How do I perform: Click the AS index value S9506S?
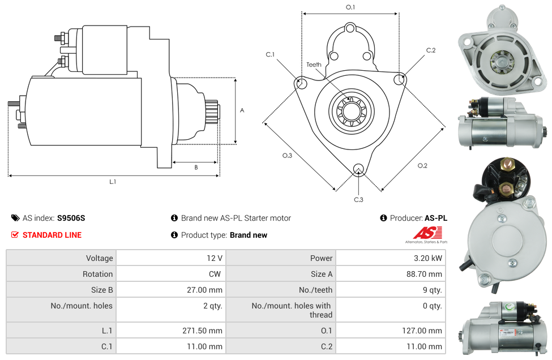71,218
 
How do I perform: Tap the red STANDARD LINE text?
52,235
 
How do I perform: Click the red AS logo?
425,233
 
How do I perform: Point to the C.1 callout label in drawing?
270,54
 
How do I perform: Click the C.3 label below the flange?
358,199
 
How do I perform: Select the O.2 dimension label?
422,165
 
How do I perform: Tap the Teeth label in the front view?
314,65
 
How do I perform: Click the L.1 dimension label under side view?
113,182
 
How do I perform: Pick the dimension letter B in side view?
196,167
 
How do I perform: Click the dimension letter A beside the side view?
242,110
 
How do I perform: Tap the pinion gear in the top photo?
502,59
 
